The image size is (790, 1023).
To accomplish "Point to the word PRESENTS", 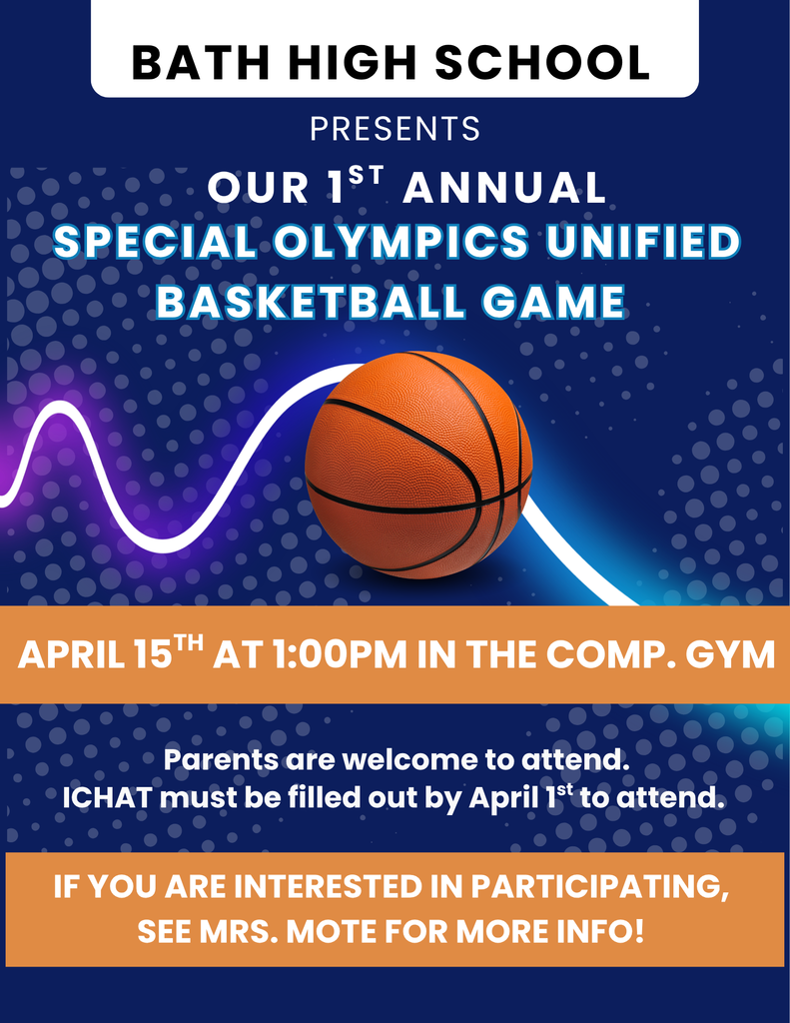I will coord(395,129).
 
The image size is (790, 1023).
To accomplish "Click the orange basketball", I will coord(418,465).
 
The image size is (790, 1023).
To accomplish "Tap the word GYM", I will coord(732,655).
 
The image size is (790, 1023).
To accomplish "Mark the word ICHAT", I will coord(106,798).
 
